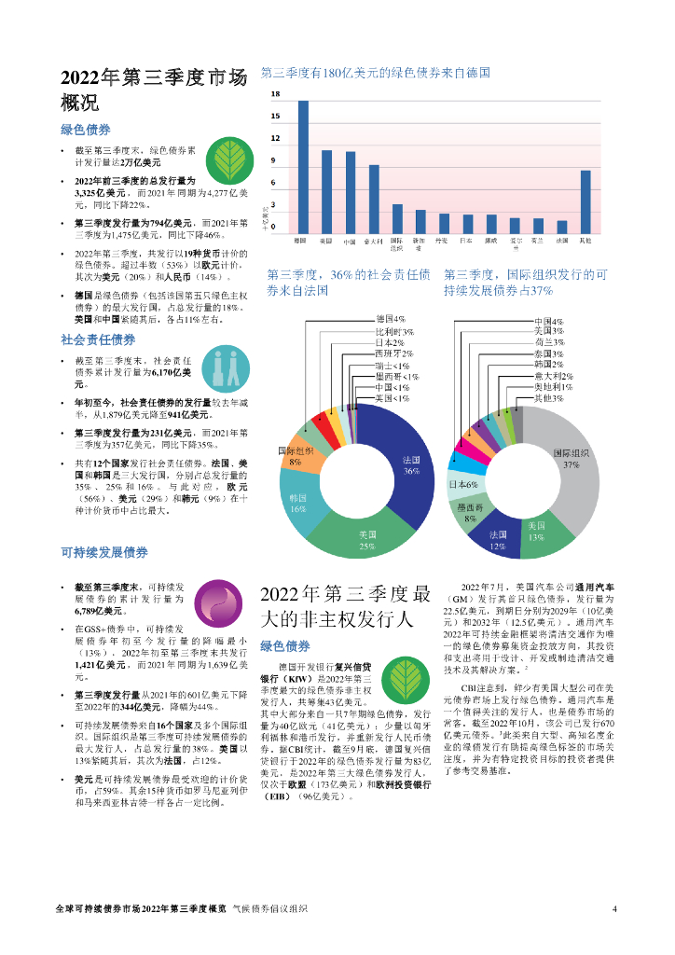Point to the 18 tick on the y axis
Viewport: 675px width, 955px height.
coord(275,95)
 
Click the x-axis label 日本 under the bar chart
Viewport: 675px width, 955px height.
coord(466,242)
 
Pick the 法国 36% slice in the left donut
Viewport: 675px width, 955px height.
coord(404,466)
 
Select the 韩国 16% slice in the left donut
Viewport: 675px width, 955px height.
coord(300,504)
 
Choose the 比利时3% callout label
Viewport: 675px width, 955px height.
coord(393,331)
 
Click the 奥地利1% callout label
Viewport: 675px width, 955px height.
coord(553,386)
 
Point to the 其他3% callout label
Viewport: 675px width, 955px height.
coord(549,398)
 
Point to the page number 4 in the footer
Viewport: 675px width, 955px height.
coord(614,909)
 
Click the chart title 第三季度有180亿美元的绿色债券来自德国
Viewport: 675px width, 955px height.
coord(375,72)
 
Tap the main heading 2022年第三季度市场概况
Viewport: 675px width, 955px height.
coord(153,90)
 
